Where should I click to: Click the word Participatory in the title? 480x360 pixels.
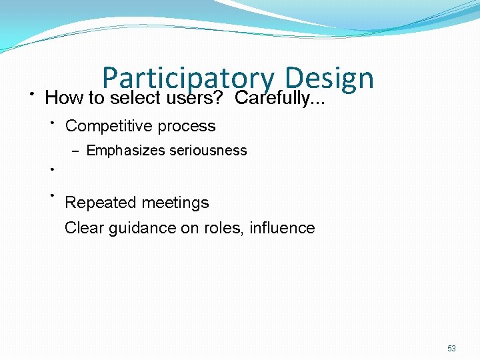(x=187, y=79)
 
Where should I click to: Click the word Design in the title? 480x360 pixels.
(x=328, y=79)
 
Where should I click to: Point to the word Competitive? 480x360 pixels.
(x=109, y=126)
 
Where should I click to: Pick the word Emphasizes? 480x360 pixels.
(x=125, y=151)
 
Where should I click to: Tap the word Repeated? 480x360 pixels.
(x=97, y=203)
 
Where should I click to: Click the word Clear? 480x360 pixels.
(x=83, y=228)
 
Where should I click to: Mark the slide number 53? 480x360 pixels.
(x=451, y=349)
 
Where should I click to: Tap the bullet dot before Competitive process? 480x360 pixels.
(x=51, y=122)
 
